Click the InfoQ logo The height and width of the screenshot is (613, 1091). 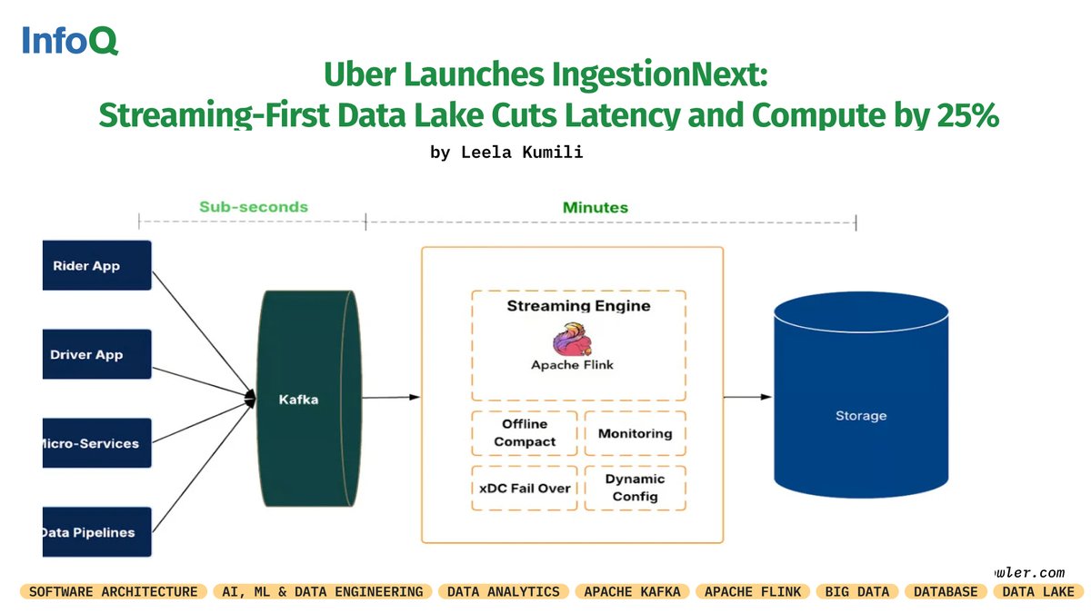pyautogui.click(x=70, y=41)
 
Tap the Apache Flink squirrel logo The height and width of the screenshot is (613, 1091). pyautogui.click(x=573, y=340)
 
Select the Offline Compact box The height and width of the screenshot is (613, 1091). pyautogui.click(x=525, y=433)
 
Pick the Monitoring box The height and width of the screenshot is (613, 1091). pyautogui.click(x=635, y=433)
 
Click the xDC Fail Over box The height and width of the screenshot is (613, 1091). pyautogui.click(x=525, y=488)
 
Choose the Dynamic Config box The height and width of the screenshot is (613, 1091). pyautogui.click(x=635, y=488)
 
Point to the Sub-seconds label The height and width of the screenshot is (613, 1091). pyautogui.click(x=254, y=207)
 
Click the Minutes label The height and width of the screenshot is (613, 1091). pyautogui.click(x=595, y=208)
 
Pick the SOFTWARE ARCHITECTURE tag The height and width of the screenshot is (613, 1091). pyautogui.click(x=114, y=591)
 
